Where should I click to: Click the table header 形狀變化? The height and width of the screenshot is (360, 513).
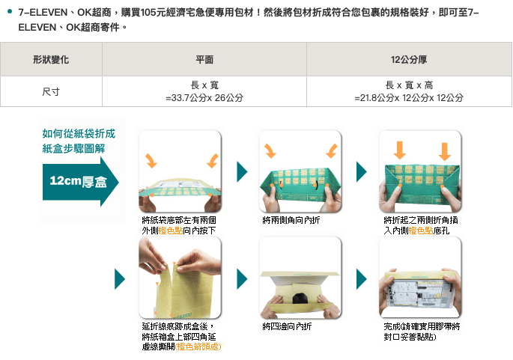click(x=51, y=59)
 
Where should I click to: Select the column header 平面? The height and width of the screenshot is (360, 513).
click(x=204, y=59)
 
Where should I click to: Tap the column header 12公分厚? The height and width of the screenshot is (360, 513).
click(x=409, y=59)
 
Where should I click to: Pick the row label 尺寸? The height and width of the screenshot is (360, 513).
click(x=51, y=91)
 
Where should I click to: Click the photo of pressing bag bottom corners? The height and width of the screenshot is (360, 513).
click(x=180, y=171)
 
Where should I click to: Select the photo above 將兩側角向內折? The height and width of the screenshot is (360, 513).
click(x=300, y=171)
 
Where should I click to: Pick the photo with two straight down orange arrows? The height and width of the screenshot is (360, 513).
click(x=421, y=171)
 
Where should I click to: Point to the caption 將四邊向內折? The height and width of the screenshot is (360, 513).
click(x=288, y=327)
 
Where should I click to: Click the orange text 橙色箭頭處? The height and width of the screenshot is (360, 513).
click(x=198, y=347)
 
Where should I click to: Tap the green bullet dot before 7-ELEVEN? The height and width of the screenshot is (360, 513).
click(x=10, y=13)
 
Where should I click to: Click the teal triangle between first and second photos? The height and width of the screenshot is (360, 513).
click(x=241, y=171)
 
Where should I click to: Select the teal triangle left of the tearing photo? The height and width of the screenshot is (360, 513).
click(x=120, y=278)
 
